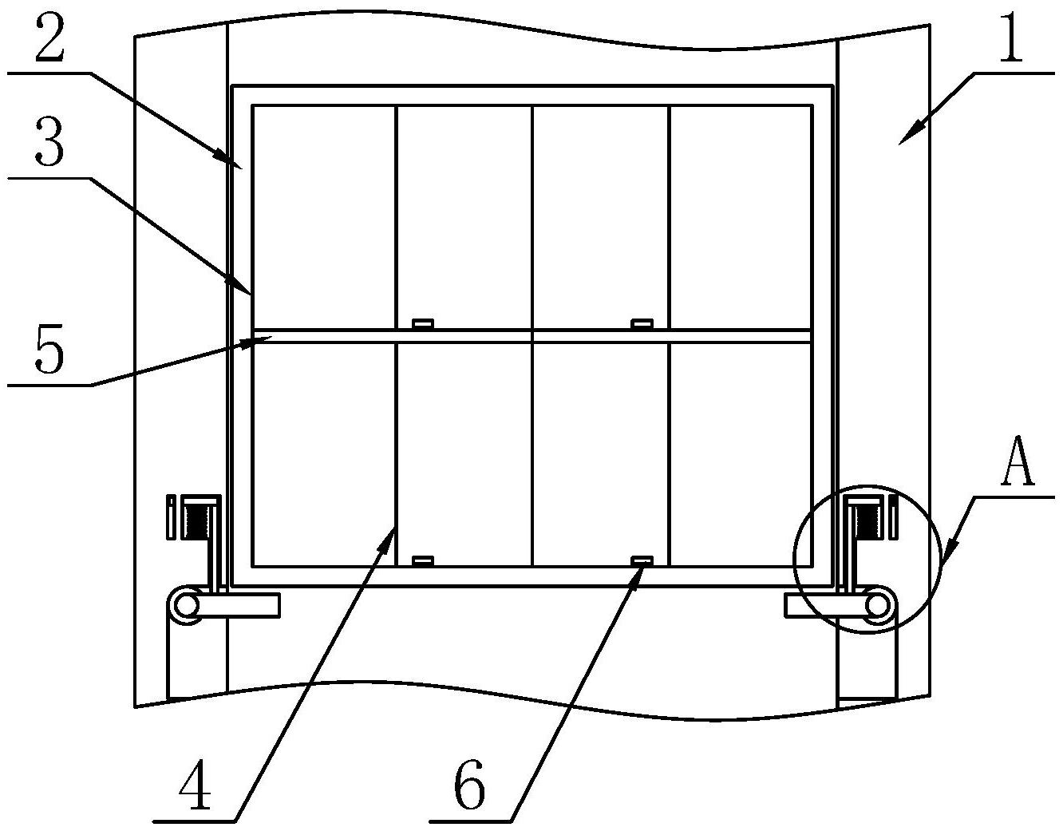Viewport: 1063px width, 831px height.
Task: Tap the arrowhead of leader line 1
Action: (x=902, y=142)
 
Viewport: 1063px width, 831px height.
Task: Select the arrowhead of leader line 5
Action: (x=271, y=339)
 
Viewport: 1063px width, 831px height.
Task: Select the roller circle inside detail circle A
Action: (x=877, y=605)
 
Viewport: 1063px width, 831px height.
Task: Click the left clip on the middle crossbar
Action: (x=423, y=324)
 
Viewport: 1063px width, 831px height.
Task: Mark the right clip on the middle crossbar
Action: (x=642, y=324)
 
